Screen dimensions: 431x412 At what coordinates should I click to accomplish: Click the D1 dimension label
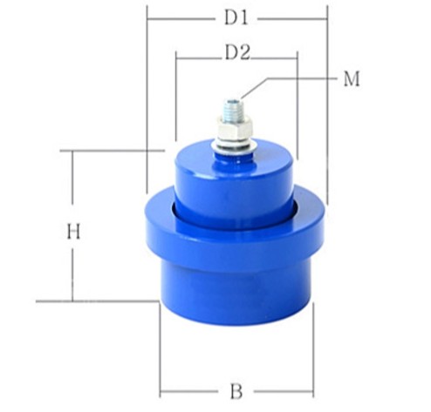coord(236,18)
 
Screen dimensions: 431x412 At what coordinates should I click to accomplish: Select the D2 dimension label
coord(237,53)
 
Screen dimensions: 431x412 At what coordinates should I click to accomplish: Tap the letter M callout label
coord(352,78)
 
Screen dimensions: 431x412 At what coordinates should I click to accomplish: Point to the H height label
coord(73,232)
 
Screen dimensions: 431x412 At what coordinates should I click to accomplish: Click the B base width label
coord(236,391)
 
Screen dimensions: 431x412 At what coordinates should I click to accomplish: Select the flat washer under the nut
coord(235,145)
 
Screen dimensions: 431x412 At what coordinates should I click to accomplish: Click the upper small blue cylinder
coord(234,180)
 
